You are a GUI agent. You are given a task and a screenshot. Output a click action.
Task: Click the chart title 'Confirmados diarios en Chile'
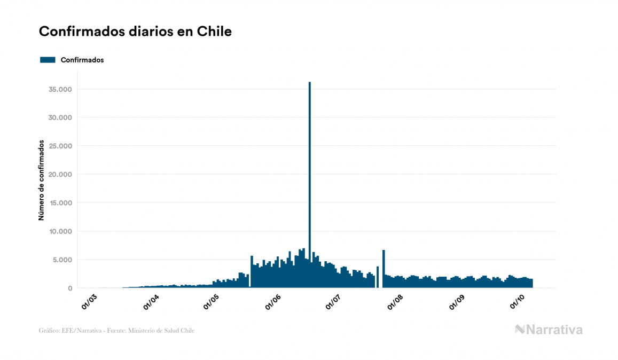pos(135,32)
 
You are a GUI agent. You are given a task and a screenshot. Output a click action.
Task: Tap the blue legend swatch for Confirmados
pos(48,60)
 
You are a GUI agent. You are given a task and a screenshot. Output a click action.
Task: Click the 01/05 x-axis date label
pos(212,301)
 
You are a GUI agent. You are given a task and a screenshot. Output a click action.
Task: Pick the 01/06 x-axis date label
pos(273,301)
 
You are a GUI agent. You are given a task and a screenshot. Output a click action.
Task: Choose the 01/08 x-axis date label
pos(395,301)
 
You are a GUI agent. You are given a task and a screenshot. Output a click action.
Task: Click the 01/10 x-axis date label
pos(517,301)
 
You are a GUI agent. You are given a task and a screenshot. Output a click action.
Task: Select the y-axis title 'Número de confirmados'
pos(41,181)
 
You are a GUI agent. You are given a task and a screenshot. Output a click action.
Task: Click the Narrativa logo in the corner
pos(549,330)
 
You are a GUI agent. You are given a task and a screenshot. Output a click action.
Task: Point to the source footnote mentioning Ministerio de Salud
pos(116,331)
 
